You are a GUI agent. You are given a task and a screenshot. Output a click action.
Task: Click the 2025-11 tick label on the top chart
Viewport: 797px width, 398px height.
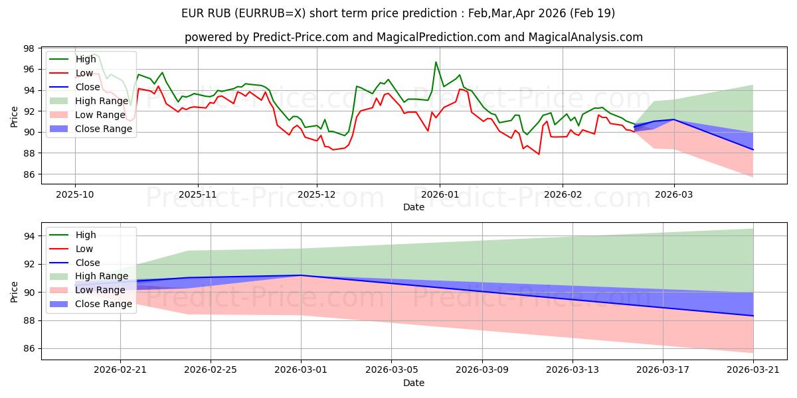197,194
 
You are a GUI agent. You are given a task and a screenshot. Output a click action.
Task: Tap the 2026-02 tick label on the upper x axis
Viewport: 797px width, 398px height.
563,194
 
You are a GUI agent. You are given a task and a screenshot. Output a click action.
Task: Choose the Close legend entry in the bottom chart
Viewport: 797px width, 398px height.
88,263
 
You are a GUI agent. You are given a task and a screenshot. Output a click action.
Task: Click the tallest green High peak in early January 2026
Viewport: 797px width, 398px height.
436,62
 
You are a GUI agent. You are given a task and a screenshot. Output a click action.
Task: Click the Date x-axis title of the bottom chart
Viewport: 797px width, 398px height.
413,383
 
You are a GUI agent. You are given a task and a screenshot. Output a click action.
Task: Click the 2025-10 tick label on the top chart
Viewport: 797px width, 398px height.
74,194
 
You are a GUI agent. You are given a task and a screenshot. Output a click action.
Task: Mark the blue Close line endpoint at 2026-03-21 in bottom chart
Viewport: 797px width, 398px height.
753,316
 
